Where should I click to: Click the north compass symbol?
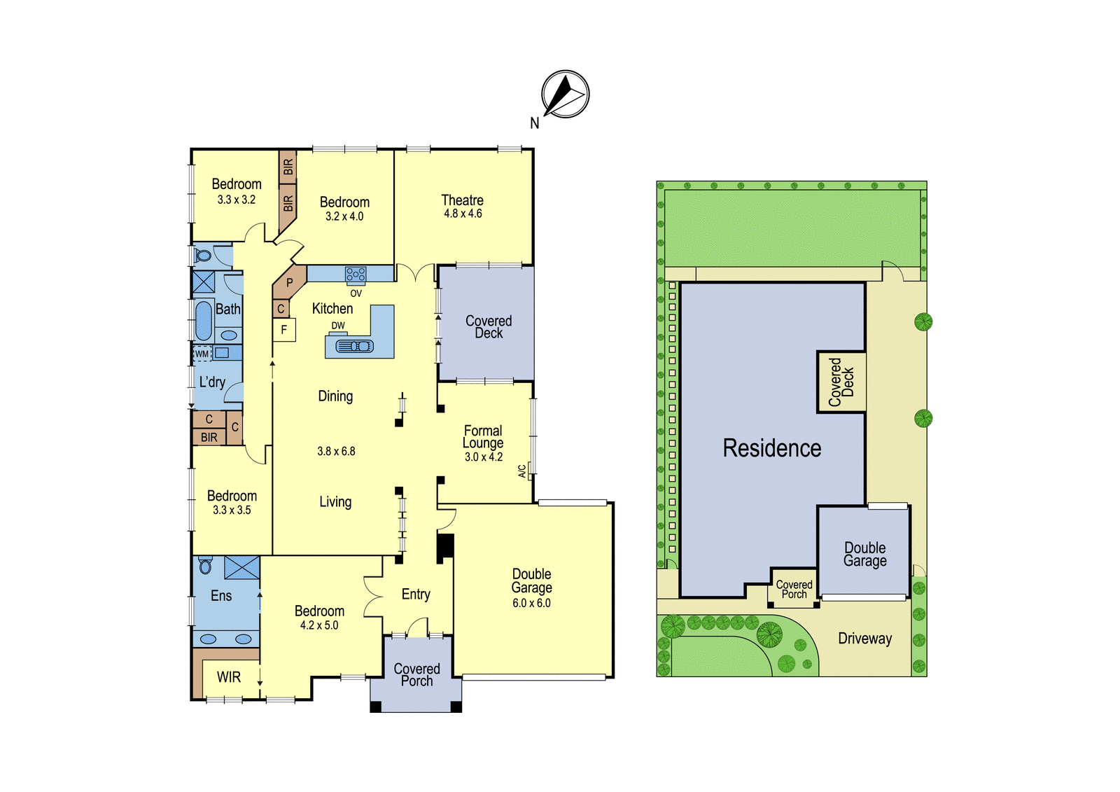tap(565, 94)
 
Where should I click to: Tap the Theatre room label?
tap(463, 200)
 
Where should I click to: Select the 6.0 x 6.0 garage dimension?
tap(531, 604)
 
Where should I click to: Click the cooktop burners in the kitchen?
tap(356, 275)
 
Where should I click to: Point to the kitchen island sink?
tap(354, 346)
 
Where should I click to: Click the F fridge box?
tap(284, 331)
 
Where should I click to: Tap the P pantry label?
tap(290, 283)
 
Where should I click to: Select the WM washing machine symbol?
tap(202, 354)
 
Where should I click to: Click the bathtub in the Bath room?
tap(203, 321)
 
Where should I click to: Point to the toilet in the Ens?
tap(205, 565)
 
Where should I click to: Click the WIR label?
tap(229, 677)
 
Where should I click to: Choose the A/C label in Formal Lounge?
tap(522, 471)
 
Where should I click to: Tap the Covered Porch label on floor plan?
tap(417, 675)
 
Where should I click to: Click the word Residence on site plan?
tap(772, 448)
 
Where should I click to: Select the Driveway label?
tap(865, 639)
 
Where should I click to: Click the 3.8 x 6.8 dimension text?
tap(336, 451)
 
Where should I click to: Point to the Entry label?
tap(416, 595)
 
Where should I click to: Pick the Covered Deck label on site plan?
tap(841, 382)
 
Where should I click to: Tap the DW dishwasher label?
tap(338, 326)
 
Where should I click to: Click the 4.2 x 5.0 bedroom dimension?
tap(319, 625)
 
